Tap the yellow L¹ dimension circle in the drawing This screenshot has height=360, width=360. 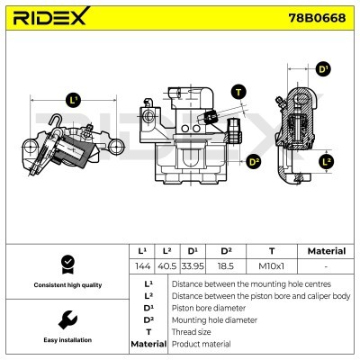tap(73, 100)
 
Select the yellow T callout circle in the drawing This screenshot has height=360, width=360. tap(238, 91)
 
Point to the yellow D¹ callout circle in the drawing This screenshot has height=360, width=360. tap(324, 68)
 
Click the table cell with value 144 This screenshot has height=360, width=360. tap(141, 267)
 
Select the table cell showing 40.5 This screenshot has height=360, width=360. tap(166, 267)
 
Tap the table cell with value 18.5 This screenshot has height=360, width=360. tap(227, 267)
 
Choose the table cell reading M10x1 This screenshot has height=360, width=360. tap(271, 267)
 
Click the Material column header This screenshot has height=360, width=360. tap(326, 251)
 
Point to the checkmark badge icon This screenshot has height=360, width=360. tap(65, 265)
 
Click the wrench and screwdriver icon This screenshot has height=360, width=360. tap(65, 320)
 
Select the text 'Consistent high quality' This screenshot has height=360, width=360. tap(65, 285)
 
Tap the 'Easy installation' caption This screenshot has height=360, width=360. tap(65, 340)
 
